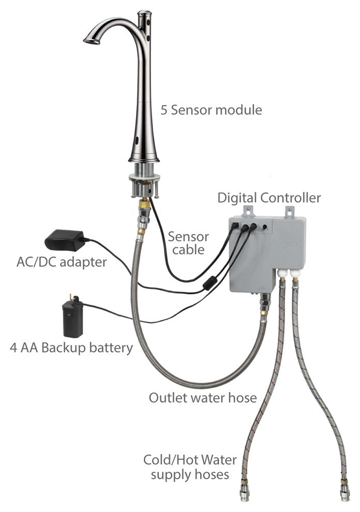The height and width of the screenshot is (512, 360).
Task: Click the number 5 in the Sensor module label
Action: coord(163,110)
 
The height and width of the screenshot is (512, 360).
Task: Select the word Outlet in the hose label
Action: coord(167,398)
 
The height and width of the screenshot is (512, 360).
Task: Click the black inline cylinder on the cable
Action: coord(209,282)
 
